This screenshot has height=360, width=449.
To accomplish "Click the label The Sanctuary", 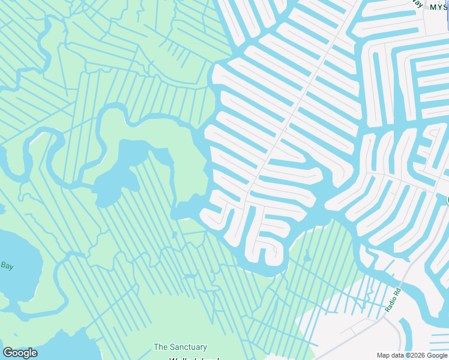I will click(180, 347).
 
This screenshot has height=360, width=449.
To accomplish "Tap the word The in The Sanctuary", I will click(160, 347).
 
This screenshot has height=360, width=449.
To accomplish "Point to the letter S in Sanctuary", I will click(173, 347).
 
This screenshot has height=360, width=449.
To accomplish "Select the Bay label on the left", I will click(7, 265).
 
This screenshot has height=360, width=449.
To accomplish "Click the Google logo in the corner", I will click(20, 353).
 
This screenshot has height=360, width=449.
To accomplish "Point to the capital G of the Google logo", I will click(8, 353).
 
